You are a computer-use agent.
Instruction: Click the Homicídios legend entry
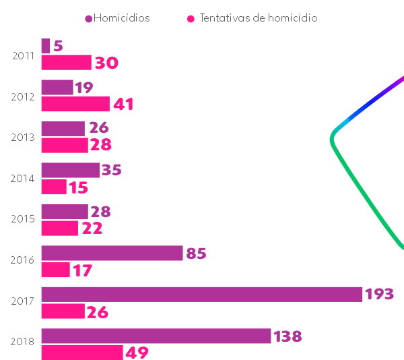(118, 18)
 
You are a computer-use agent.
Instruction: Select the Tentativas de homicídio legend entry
(252, 18)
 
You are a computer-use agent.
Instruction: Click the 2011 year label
(23, 55)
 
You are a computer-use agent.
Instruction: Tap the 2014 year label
(23, 179)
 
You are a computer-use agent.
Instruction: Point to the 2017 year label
(23, 301)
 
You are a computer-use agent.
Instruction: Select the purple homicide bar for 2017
(201, 294)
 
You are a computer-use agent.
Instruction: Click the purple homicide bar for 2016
(112, 253)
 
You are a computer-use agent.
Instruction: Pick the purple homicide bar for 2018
(156, 336)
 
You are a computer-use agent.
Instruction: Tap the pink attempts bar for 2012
(75, 104)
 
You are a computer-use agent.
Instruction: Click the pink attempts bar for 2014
(54, 187)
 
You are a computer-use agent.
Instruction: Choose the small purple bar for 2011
(46, 46)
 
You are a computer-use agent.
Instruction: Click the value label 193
(379, 295)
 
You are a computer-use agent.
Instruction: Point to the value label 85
(196, 253)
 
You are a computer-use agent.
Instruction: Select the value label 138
(288, 336)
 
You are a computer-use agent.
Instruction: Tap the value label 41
(123, 104)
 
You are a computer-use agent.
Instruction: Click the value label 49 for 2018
(137, 353)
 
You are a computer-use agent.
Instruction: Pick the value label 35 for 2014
(111, 170)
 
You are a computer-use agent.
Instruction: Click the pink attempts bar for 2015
(59, 228)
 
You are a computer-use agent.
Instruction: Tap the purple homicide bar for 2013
(63, 128)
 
